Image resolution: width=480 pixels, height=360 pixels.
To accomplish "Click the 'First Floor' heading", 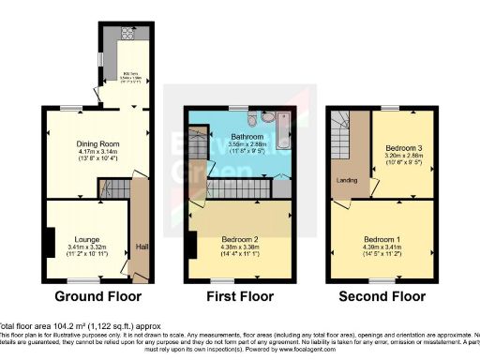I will coord(237,297).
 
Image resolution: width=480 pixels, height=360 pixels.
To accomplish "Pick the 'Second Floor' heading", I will coord(383,297).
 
